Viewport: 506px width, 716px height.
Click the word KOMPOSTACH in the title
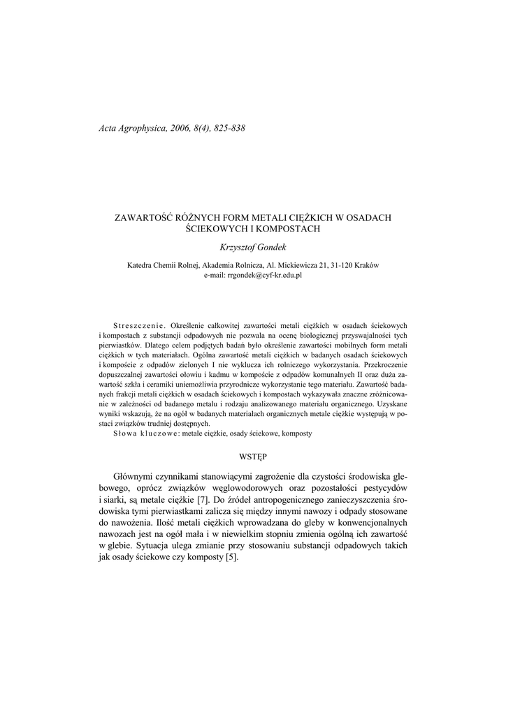pos(287,229)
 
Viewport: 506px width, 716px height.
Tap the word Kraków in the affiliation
pos(367,266)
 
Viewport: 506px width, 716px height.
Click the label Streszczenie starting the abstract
pos(138,326)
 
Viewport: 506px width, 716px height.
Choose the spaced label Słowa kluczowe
pos(145,434)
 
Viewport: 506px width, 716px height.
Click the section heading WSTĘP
pos(252,455)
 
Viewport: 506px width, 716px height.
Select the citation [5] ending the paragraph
pos(232,557)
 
